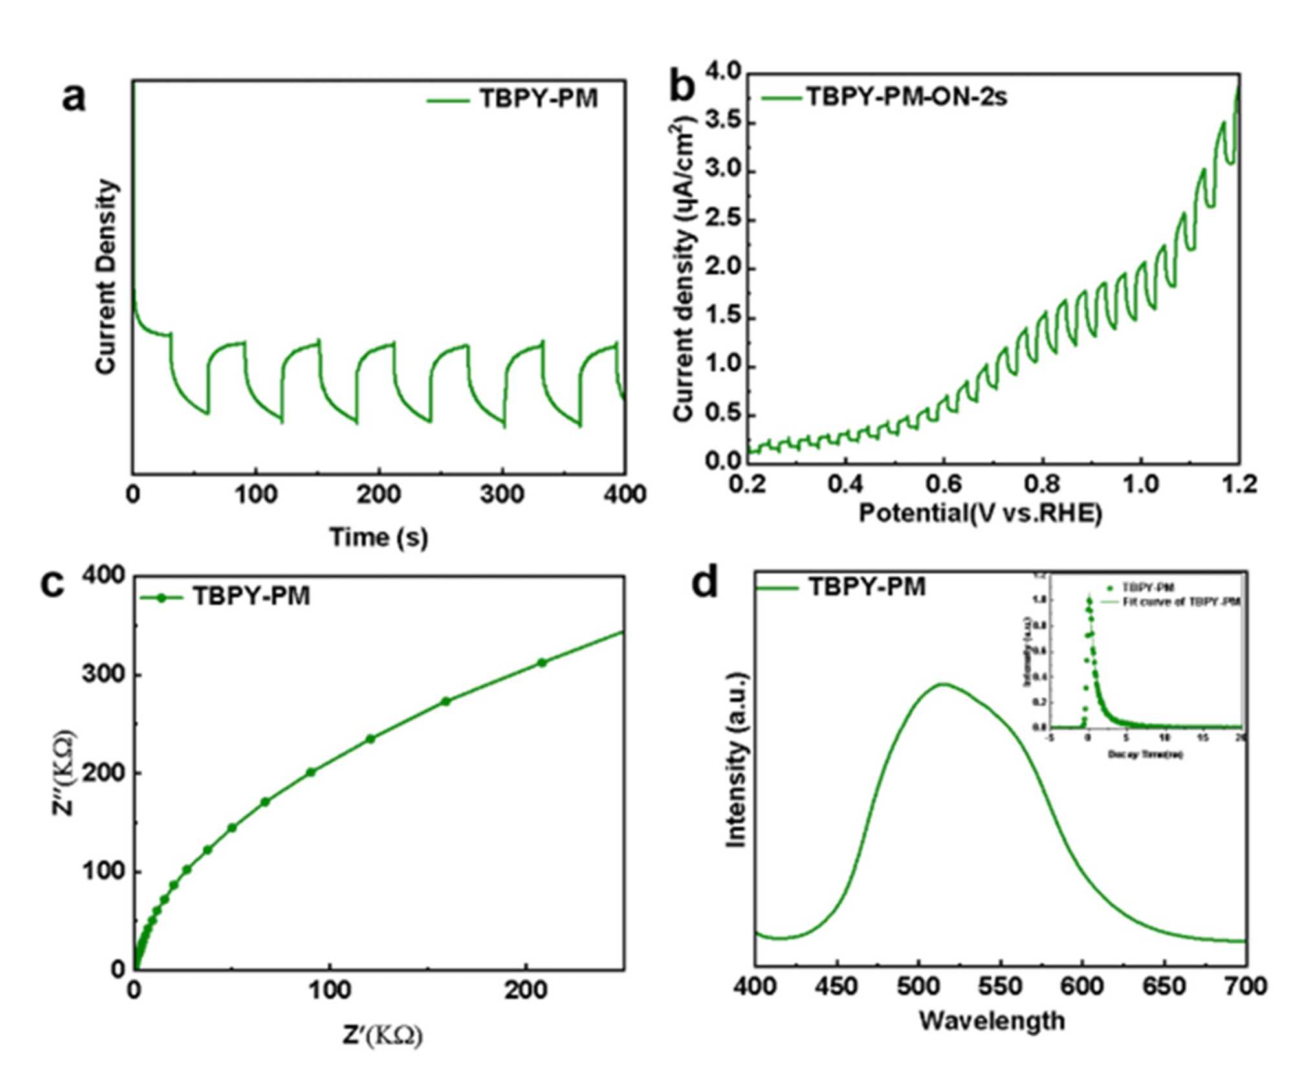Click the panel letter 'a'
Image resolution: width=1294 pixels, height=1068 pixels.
pos(73,98)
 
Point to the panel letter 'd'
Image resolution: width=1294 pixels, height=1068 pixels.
pos(705,584)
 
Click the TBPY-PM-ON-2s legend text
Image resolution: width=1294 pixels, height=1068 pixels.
pos(906,98)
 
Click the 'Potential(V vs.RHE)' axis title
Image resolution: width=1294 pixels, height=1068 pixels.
pos(980,513)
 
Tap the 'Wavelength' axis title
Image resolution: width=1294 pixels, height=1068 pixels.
pos(992,1021)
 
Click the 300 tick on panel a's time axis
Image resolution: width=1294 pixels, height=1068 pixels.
pos(502,495)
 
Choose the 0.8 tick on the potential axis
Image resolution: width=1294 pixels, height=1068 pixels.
pos(1043,485)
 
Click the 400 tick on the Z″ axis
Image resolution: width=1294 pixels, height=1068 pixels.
pos(104,576)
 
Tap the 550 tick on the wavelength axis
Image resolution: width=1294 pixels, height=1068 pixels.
pos(1000,986)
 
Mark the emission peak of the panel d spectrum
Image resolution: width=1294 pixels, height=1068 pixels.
pos(943,684)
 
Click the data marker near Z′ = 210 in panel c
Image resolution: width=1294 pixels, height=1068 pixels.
pos(542,662)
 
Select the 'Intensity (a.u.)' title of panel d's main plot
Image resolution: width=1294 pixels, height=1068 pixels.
pos(736,760)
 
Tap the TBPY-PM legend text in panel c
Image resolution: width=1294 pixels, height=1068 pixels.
pos(251,596)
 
